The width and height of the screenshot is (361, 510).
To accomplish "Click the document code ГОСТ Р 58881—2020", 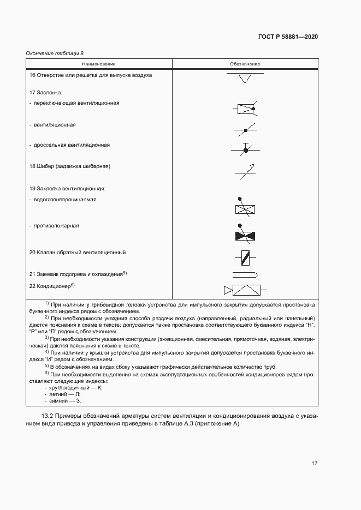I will (288, 37).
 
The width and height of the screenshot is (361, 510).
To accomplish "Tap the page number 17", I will (314, 463).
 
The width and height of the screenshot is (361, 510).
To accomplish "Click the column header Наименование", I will (99, 64).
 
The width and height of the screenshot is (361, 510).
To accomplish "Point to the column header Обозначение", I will (245, 64).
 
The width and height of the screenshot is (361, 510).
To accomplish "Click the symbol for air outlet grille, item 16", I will (245, 78).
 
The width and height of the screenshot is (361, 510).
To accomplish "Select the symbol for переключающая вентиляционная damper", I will (245, 109).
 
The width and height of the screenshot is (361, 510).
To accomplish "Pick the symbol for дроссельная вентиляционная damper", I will (245, 149).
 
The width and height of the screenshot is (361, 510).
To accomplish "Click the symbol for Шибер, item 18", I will (245, 172).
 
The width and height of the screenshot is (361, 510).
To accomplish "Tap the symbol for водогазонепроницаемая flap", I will (245, 207).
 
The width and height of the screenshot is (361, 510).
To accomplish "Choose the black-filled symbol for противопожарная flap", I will (245, 235).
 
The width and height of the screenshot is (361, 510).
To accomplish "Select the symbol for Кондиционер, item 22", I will (244, 290).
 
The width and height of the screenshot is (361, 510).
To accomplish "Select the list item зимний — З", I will (64, 400).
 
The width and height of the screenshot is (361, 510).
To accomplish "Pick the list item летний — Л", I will (64, 394).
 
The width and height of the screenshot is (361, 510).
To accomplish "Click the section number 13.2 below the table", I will (48, 417).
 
